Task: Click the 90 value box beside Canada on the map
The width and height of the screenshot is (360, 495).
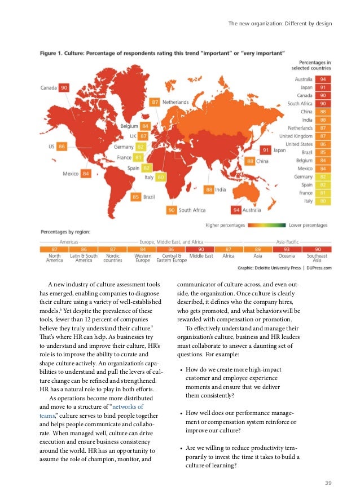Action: click(64, 87)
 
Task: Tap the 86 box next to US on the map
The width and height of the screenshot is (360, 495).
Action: click(62, 147)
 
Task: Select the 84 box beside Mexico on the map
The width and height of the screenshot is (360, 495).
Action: click(86, 174)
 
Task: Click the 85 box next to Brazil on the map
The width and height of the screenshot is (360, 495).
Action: click(136, 197)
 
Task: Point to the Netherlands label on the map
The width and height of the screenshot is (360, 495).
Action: click(176, 102)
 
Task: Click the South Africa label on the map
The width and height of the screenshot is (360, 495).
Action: click(192, 210)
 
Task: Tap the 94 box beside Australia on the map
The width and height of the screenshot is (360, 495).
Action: click(236, 210)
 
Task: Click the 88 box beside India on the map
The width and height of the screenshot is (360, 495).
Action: click(209, 190)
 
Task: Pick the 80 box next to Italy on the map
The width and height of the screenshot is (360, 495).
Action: click(161, 177)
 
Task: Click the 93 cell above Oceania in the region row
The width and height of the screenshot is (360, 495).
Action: click(288, 249)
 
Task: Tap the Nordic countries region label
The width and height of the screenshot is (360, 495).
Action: click(113, 258)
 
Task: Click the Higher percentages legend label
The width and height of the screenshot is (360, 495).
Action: click(225, 225)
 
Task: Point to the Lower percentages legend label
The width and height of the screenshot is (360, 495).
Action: click(308, 225)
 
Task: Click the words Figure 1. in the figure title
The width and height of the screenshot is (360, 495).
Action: click(52, 53)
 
